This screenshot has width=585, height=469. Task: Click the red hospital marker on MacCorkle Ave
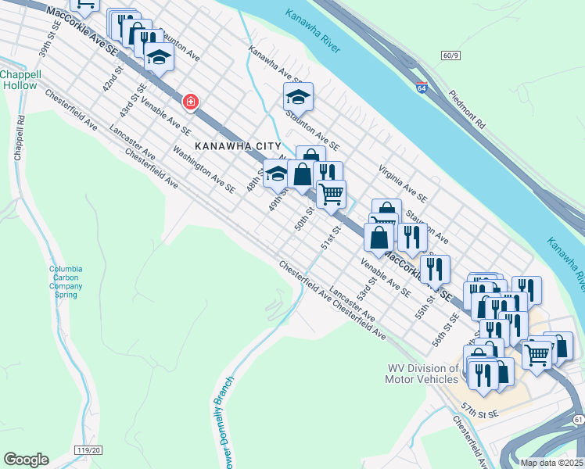(189, 102)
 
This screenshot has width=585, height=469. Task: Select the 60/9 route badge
(451, 55)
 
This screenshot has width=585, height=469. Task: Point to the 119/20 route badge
(90, 450)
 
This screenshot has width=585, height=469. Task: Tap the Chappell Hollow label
(20, 79)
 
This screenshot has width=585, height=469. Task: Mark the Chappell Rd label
(18, 138)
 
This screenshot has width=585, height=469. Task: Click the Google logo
(26, 459)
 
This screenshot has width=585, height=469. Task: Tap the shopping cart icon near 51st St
(332, 192)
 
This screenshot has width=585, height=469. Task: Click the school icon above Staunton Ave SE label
(298, 97)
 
